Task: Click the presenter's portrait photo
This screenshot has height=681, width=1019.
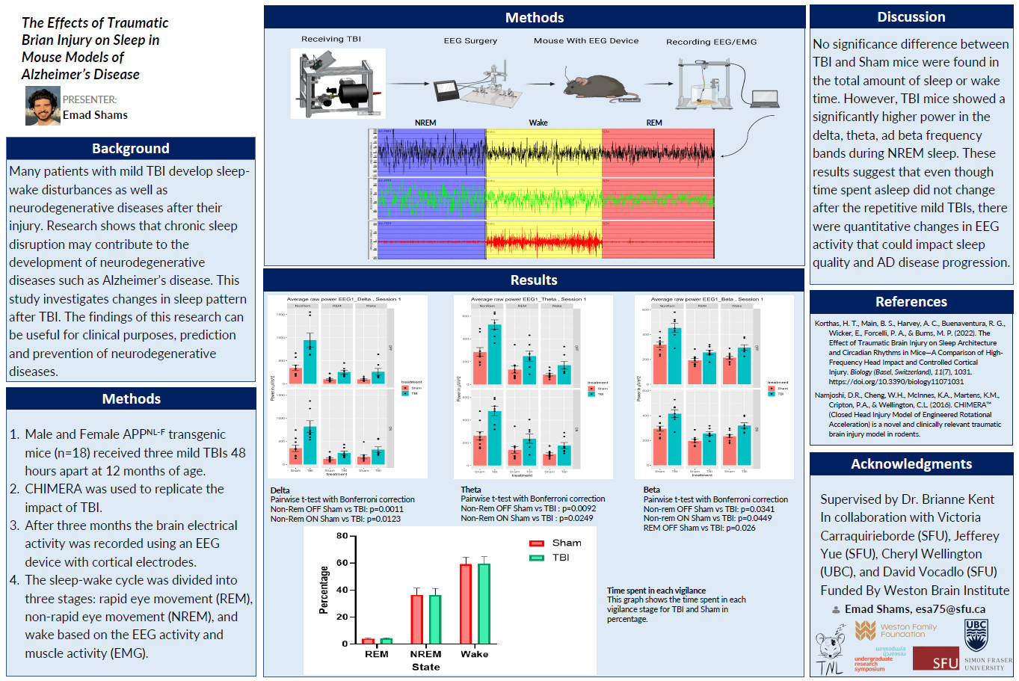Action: [x=43, y=105]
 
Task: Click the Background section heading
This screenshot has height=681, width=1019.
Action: [x=131, y=148]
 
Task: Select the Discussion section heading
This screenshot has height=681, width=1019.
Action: [x=911, y=17]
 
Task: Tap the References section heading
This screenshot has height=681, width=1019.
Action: [x=911, y=302]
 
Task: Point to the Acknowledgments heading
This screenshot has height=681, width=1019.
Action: [x=911, y=464]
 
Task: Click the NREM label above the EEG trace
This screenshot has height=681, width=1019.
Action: [x=425, y=123]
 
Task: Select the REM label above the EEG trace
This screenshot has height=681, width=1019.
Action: [x=654, y=123]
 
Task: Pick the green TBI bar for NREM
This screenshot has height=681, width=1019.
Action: [x=435, y=618]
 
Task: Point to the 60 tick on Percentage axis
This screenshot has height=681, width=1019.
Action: [x=342, y=563]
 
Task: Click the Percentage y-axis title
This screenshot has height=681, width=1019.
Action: [x=324, y=590]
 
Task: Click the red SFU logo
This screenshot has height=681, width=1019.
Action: [x=936, y=659]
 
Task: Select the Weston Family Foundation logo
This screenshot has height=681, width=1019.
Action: [x=896, y=630]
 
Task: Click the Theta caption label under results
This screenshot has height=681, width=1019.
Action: [x=471, y=490]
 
